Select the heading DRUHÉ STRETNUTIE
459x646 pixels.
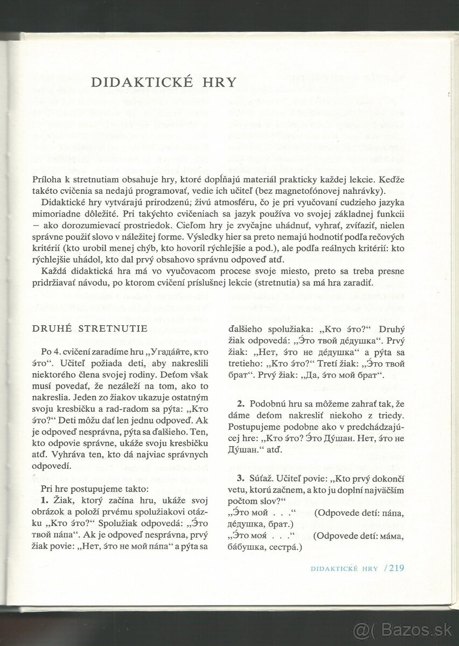[x=89, y=329]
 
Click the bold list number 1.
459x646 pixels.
[x=44, y=500]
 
